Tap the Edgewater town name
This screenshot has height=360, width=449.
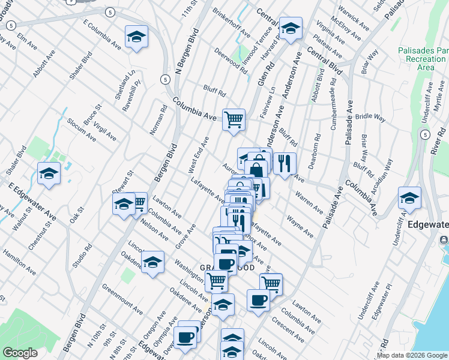coord(427,224)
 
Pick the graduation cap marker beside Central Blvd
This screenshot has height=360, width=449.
coord(291,28)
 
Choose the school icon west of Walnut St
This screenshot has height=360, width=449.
coord(49,173)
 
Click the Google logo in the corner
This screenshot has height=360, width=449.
coord(20,353)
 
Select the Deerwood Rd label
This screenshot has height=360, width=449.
coord(231,61)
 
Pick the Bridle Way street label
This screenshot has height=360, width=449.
coord(370,118)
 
